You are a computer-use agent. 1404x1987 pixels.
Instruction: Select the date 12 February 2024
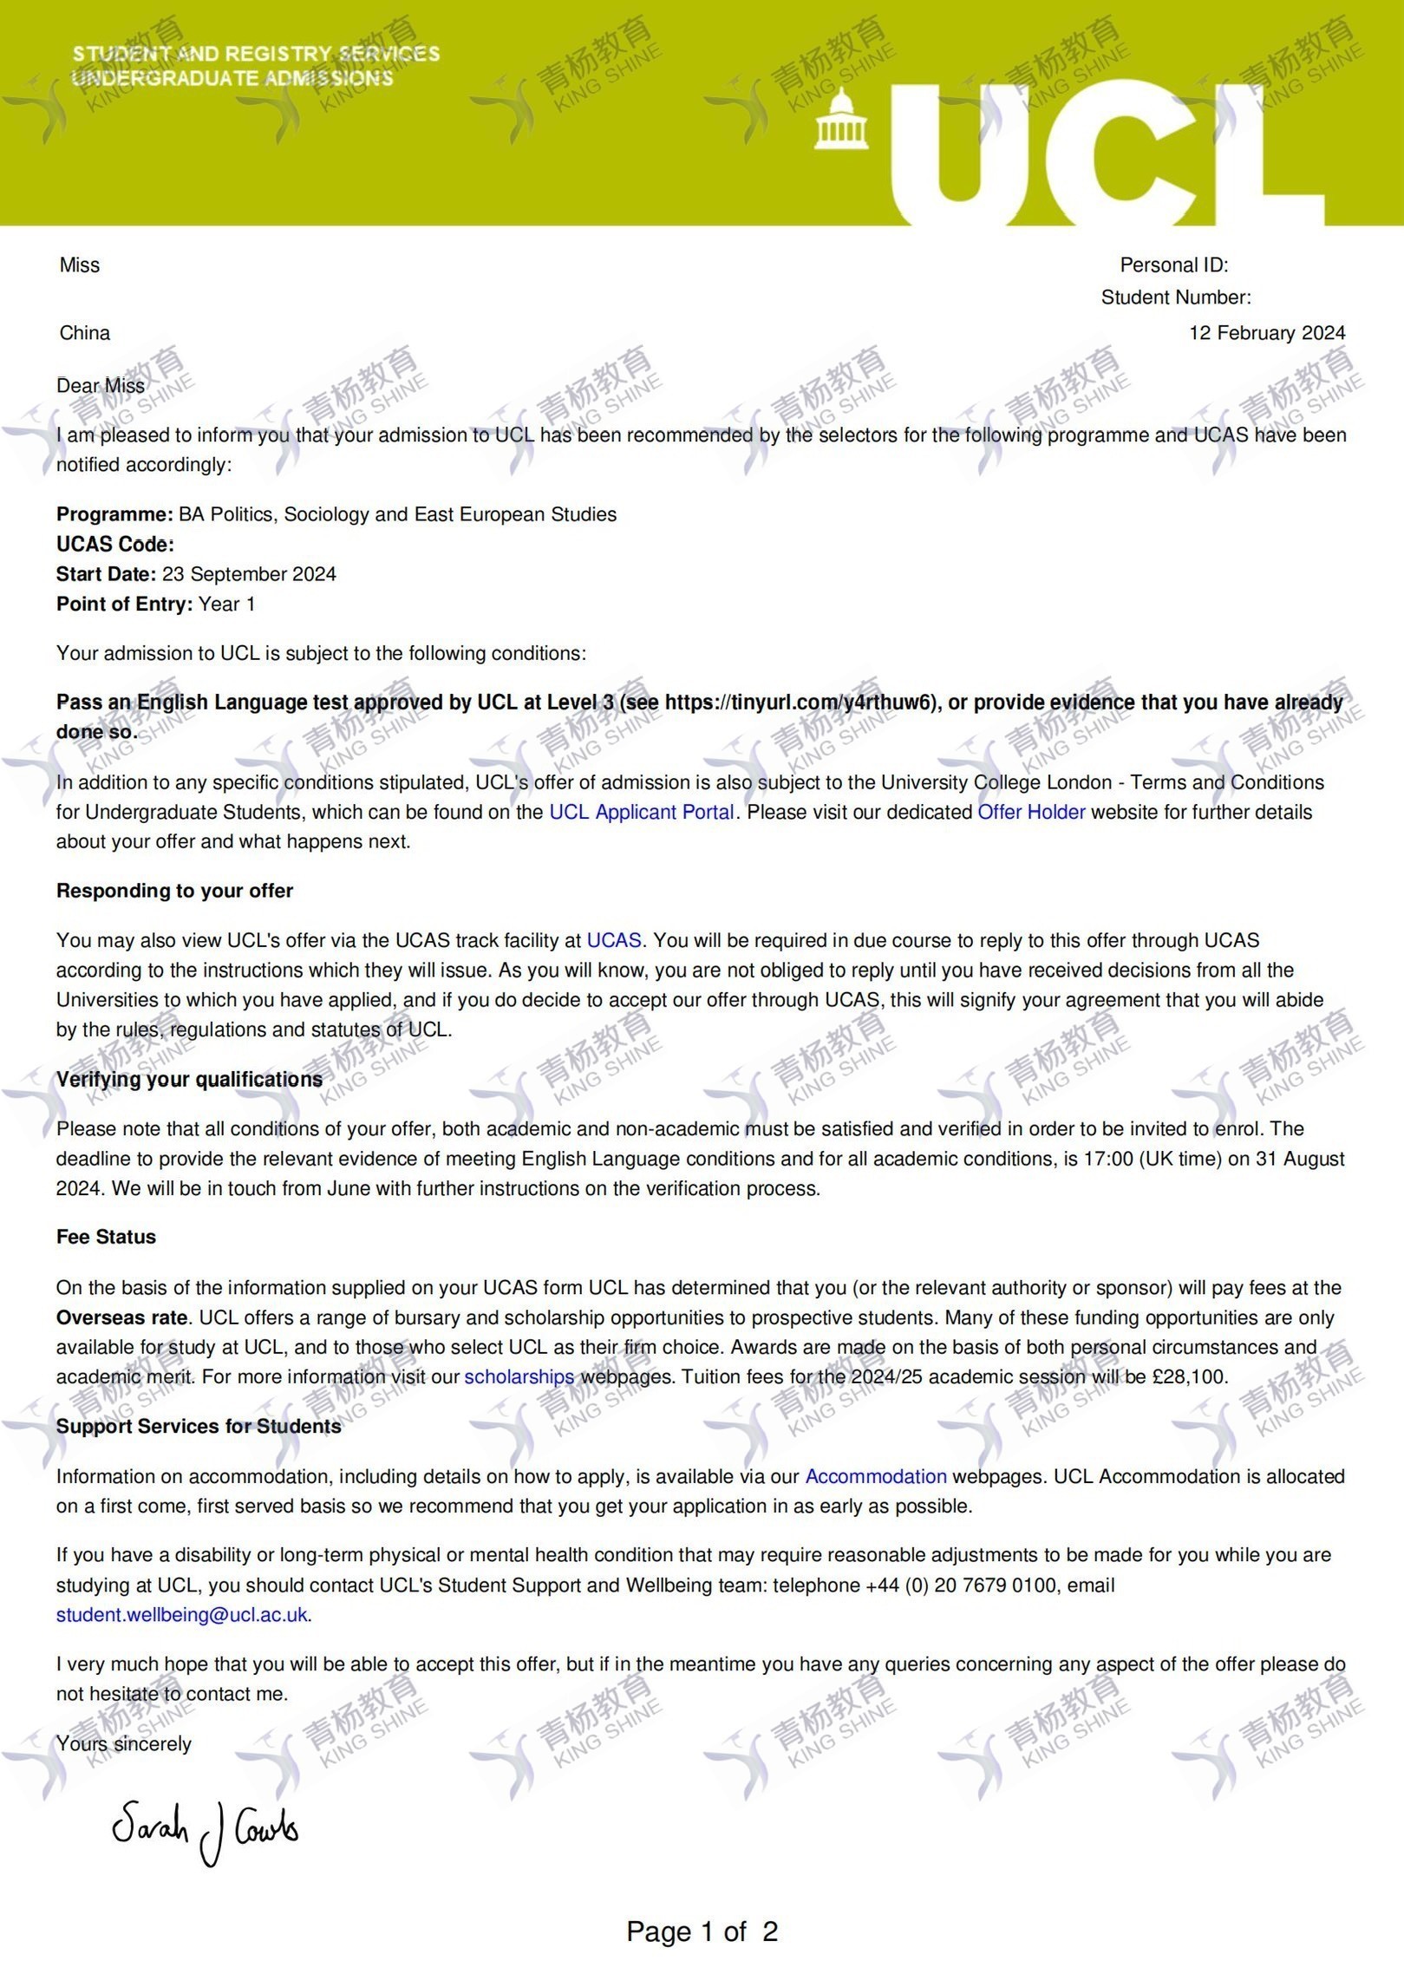coord(1266,333)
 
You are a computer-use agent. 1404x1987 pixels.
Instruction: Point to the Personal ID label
coord(1173,265)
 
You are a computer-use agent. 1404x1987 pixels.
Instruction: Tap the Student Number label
coord(1175,297)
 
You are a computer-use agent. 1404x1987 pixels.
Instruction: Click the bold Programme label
coord(114,514)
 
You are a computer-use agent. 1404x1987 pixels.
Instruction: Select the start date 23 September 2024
coord(249,574)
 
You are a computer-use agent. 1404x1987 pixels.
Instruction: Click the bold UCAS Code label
coord(114,545)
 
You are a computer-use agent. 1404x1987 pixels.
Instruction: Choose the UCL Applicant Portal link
coord(642,813)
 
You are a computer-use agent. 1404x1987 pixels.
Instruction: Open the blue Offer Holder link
coord(1031,813)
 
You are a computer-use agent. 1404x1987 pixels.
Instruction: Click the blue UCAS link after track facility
coord(614,940)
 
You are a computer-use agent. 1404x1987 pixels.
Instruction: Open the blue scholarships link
coord(519,1376)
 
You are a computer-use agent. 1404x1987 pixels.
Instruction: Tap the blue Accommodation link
coord(876,1476)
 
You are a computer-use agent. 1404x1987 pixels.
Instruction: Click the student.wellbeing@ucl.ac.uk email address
coord(182,1614)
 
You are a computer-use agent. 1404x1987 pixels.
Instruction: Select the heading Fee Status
coord(106,1237)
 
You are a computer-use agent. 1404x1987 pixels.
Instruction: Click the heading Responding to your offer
coord(174,891)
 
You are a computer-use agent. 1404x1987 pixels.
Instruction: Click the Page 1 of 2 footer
coord(702,1931)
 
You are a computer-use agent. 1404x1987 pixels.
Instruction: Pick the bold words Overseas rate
coord(121,1317)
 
